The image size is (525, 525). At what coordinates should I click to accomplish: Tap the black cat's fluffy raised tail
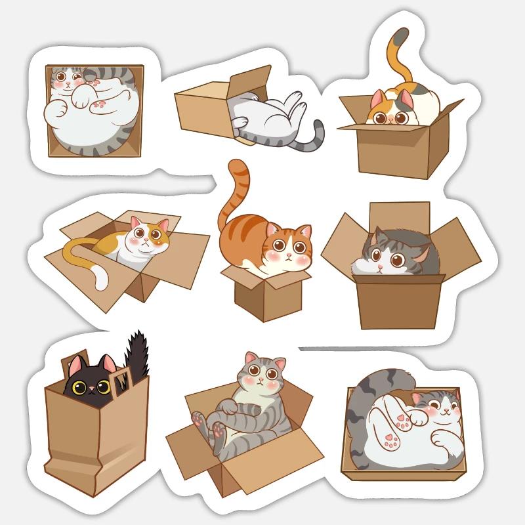point(138,354)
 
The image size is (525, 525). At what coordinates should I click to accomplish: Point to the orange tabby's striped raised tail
point(231,190)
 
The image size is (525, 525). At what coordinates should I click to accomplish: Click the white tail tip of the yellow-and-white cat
point(100,278)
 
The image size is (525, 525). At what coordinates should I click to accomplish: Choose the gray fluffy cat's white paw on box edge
point(362,266)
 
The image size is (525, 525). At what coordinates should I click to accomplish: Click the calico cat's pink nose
point(393,120)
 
